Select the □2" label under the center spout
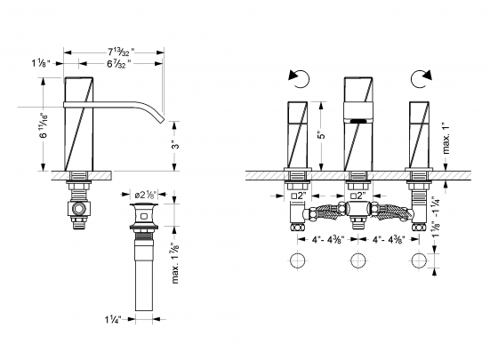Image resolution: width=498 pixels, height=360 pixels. [358, 195]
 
